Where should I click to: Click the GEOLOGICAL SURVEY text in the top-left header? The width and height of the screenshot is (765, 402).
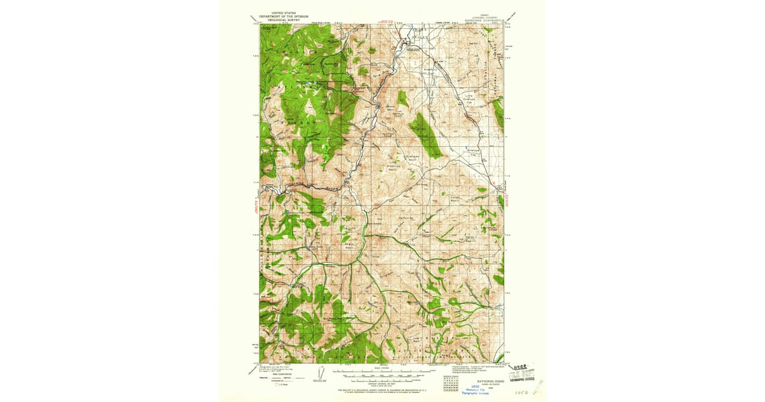284,19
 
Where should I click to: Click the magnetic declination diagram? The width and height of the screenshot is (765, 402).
319,374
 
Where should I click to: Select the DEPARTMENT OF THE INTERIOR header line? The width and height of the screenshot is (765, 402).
284,15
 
